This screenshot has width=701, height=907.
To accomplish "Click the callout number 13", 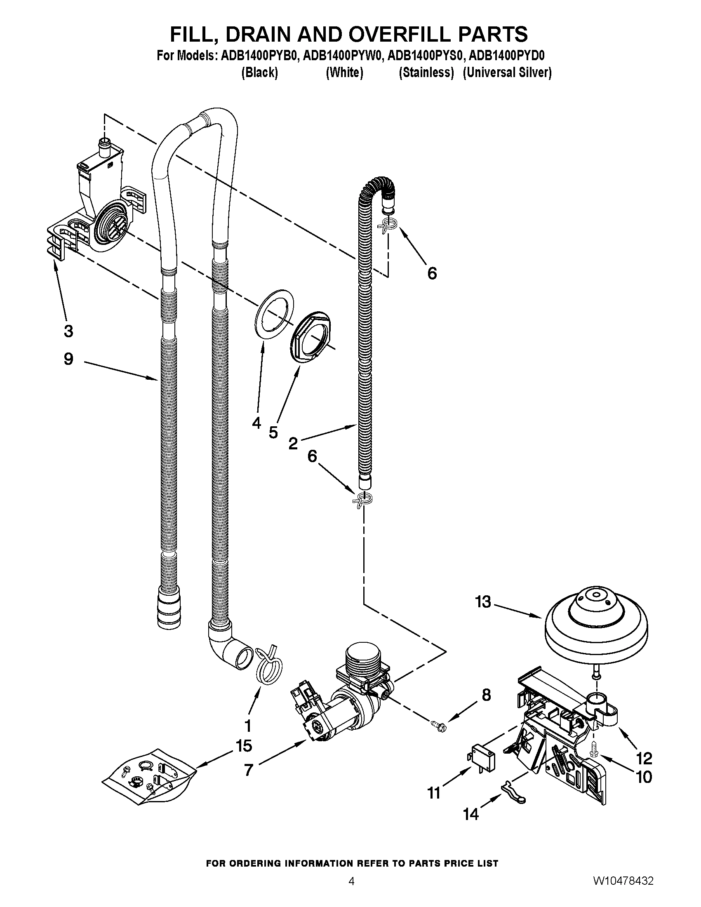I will tap(483, 602).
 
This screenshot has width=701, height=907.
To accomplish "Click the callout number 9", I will tap(68, 359).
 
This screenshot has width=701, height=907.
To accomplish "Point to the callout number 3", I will tap(68, 331).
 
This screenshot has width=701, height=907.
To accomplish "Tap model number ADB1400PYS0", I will tap(424, 56).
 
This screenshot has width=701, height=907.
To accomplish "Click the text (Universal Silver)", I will tap(507, 73).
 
